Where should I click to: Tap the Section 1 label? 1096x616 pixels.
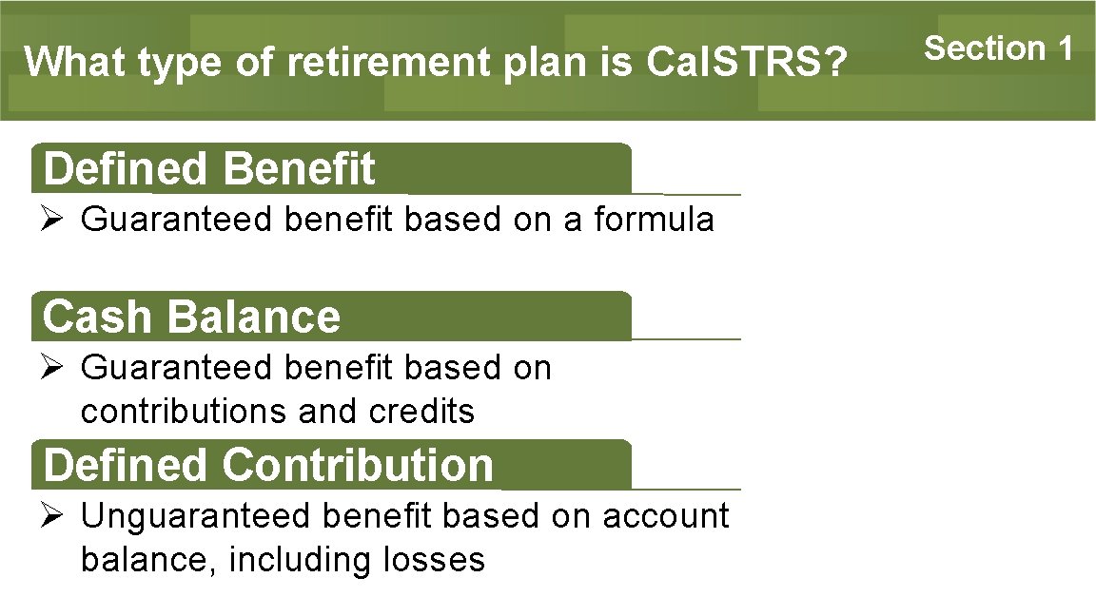point(999,48)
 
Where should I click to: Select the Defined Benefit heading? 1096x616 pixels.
point(209,169)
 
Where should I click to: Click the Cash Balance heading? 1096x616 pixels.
point(191,317)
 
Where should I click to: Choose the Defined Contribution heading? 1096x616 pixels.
point(268,465)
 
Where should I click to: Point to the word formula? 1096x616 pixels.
point(654,220)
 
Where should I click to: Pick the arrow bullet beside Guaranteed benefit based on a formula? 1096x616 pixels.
point(52,220)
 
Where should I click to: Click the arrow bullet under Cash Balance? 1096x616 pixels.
point(52,368)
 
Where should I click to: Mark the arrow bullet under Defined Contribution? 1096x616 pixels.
point(52,516)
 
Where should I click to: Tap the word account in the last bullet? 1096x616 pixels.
point(665,516)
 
